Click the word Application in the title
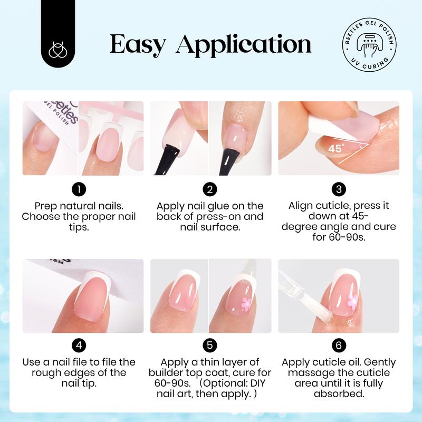(243, 46)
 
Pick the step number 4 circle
(78, 346)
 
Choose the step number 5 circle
(210, 346)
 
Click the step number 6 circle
(338, 346)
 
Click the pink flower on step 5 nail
(245, 303)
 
